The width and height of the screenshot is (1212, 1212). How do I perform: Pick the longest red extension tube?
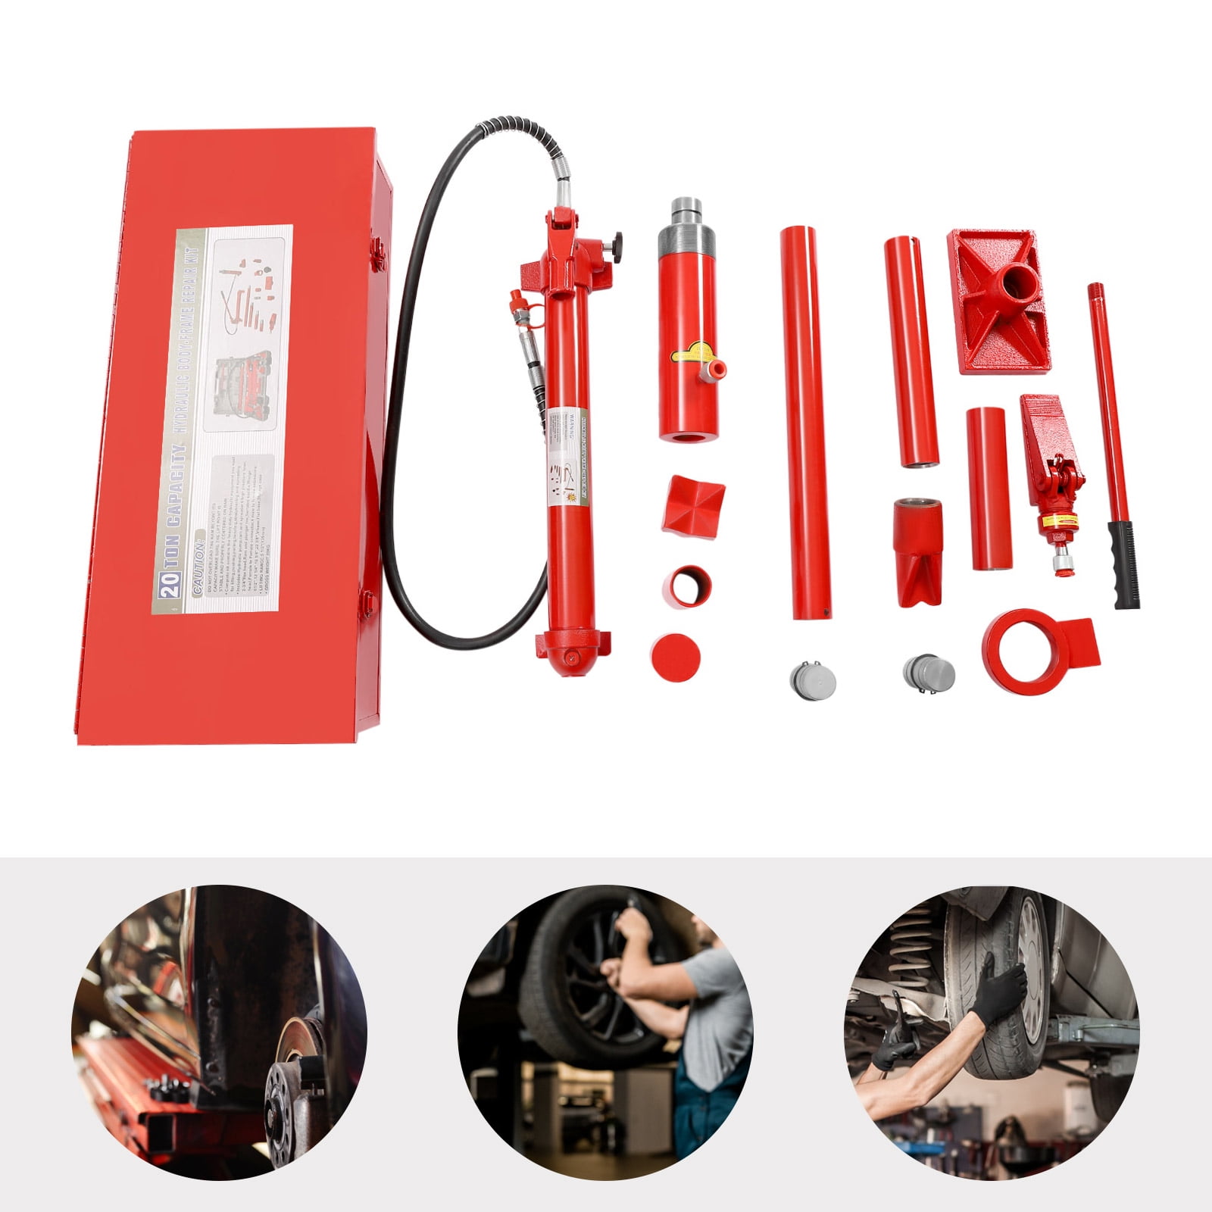(805, 420)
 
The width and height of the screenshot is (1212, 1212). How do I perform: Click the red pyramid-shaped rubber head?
(693, 504)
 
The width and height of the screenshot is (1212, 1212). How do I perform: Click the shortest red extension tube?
(989, 489)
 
